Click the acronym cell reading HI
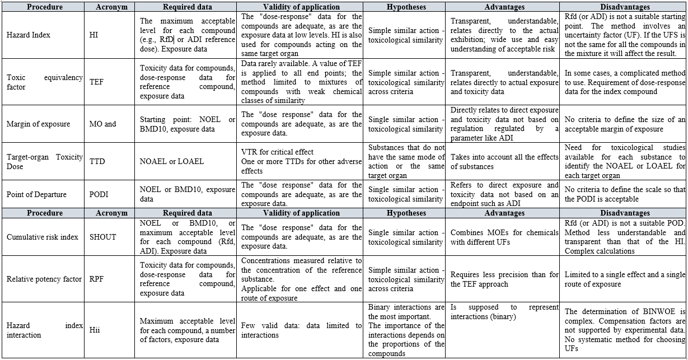tap(93, 35)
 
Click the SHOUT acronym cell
tap(102, 237)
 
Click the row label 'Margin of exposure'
tap(39, 124)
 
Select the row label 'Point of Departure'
tap(36, 194)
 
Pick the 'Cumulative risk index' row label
tap(43, 237)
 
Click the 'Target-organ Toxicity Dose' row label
tap(44, 161)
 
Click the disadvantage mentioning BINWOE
tap(624, 330)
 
